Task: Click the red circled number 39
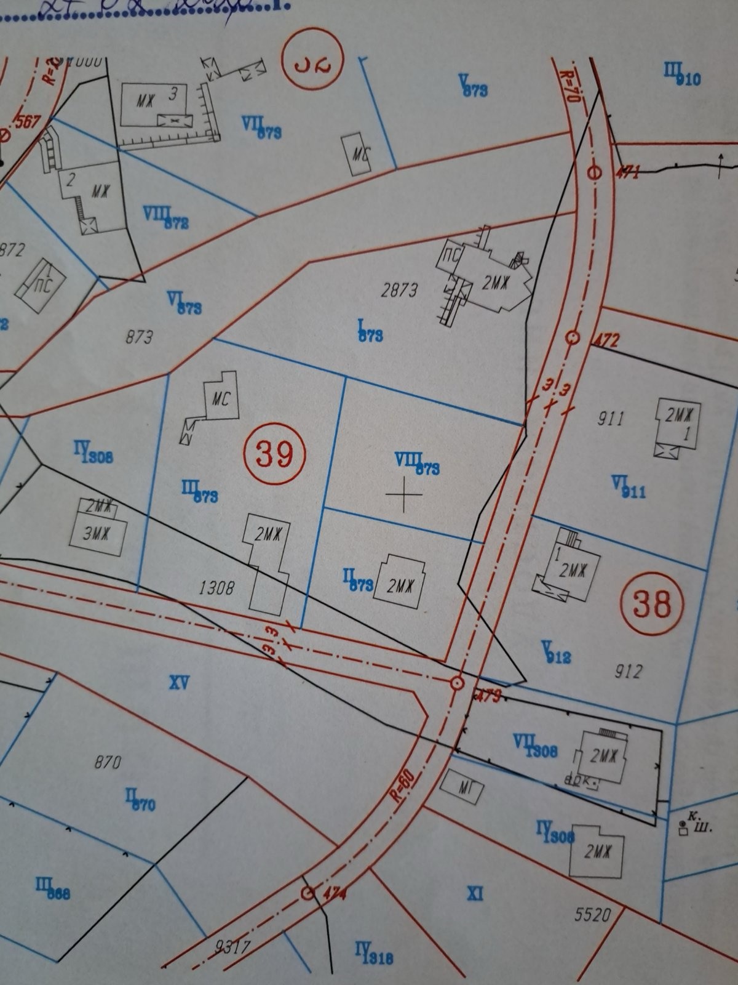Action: (274, 454)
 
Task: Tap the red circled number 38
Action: (652, 604)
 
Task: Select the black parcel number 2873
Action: (400, 290)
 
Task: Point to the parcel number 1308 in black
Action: (216, 588)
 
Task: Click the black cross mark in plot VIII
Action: (404, 494)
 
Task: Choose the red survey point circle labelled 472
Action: (573, 337)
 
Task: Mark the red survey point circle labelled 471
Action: (594, 172)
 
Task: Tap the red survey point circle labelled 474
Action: (307, 893)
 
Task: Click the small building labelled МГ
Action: (462, 786)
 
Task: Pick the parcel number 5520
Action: (592, 915)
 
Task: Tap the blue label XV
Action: (179, 682)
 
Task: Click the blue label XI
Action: (475, 893)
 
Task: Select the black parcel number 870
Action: (107, 763)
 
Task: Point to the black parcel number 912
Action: (628, 670)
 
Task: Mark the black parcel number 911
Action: (610, 419)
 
